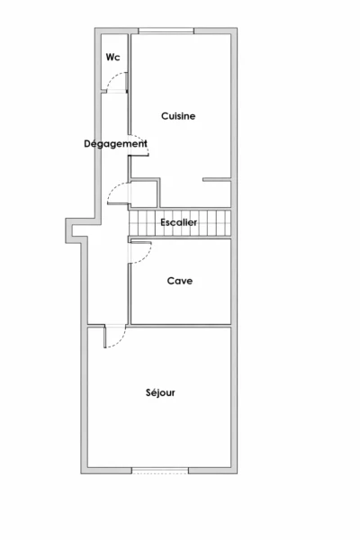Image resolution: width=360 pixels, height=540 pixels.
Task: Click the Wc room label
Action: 113,57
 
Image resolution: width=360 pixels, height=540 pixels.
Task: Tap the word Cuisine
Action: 178,116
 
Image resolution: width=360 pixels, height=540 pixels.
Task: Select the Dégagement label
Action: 115,144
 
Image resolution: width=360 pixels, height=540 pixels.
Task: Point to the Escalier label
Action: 179,222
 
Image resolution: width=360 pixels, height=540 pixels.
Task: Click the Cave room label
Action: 180,281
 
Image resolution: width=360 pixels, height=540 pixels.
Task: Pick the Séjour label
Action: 160,392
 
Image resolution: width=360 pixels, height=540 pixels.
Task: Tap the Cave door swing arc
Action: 147,256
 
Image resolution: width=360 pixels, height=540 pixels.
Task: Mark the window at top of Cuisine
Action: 166,31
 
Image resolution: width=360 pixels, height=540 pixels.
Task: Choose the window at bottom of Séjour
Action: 160,471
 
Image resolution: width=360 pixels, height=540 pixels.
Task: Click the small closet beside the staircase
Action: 144,193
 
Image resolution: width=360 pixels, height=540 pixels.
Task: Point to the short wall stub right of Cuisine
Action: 217,179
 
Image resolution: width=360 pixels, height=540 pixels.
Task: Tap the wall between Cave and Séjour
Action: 179,326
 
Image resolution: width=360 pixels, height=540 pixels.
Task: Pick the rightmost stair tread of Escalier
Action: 228,223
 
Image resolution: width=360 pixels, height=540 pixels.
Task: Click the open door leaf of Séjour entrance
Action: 104,337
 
